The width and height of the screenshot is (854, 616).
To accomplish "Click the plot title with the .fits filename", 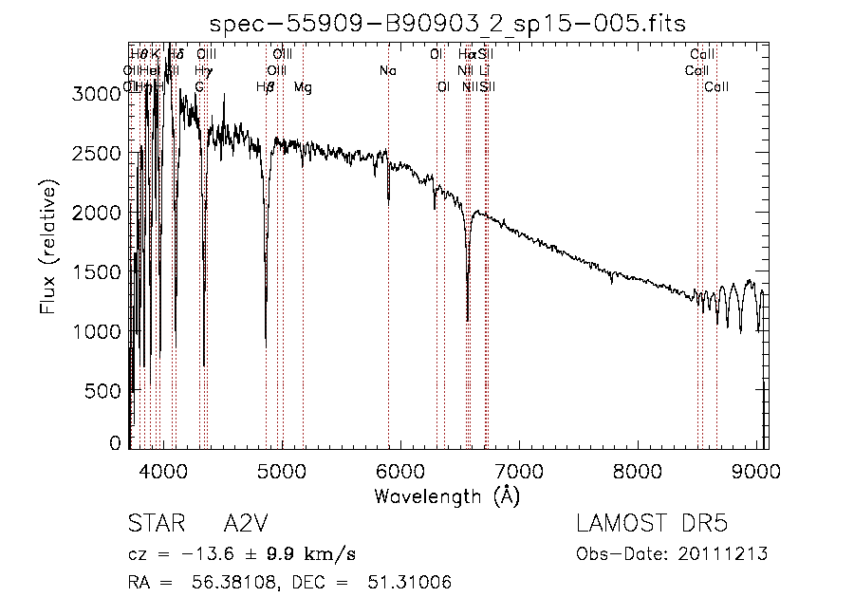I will point(447,24).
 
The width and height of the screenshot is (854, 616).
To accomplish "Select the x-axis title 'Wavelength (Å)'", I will point(447,495).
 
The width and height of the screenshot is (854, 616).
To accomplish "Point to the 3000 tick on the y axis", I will point(99,93).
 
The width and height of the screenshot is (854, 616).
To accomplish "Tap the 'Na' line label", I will point(387,71).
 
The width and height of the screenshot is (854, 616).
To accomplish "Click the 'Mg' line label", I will point(302,87).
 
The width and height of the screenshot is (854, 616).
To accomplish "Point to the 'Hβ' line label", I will point(266,87).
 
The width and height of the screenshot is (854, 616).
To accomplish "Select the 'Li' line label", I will point(484,71).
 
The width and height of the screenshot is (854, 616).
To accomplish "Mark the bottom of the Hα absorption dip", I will point(467,320).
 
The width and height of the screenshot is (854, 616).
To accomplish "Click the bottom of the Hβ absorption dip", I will point(266,346).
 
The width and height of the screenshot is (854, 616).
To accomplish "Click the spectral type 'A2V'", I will point(245,525).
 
